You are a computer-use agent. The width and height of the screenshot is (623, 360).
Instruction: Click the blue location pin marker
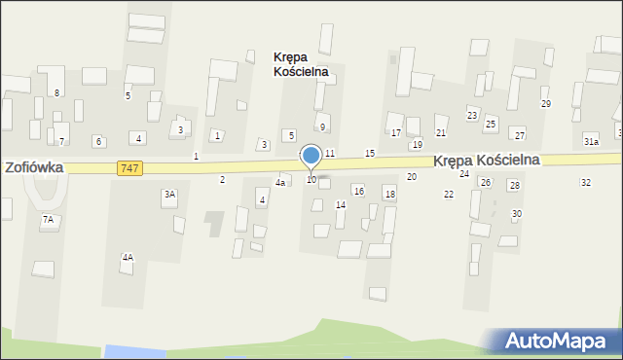tap(311, 157)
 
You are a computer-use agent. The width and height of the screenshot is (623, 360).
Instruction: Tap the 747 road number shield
tap(128, 168)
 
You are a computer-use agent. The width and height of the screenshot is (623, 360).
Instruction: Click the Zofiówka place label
tap(34, 167)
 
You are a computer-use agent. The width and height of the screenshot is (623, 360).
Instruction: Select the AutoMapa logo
tap(560, 341)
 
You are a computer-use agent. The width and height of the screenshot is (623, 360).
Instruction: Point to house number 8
tap(57, 92)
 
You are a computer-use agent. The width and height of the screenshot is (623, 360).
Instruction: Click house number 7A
tap(48, 220)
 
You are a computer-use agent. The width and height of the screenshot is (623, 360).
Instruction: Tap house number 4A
tap(128, 257)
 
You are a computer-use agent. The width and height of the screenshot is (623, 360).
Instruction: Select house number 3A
tap(169, 195)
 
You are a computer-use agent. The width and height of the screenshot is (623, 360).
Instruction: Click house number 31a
tap(591, 142)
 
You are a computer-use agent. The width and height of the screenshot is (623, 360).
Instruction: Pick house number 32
tap(585, 183)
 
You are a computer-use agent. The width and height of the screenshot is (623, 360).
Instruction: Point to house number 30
tap(517, 213)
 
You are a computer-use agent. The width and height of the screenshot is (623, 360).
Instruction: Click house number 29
tap(546, 104)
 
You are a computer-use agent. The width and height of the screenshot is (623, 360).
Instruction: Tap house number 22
tap(449, 195)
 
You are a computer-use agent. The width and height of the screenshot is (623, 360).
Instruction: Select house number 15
tap(370, 154)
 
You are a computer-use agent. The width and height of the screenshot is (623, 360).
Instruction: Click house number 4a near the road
tap(280, 182)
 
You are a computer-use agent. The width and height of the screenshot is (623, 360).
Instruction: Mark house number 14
tap(341, 204)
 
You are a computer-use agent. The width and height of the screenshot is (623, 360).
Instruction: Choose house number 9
tap(322, 127)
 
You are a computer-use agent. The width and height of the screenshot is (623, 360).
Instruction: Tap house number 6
tap(98, 141)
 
